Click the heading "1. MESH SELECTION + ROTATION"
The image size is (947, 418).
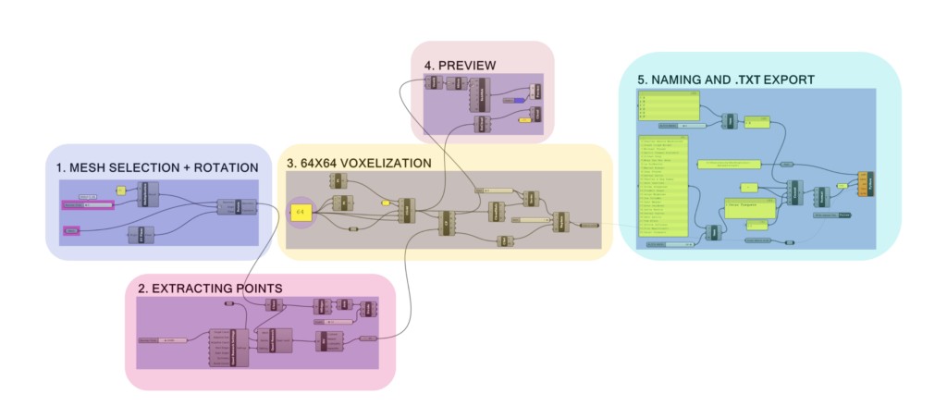click(154, 167)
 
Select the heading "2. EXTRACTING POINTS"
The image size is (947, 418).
click(210, 289)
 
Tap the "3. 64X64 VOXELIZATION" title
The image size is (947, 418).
click(359, 163)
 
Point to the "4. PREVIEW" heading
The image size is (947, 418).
click(460, 66)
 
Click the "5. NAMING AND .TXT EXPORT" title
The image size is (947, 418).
click(725, 80)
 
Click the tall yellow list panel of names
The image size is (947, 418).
click(664, 186)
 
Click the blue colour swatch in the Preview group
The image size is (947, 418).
click(519, 99)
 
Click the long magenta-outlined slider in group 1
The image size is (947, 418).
click(87, 205)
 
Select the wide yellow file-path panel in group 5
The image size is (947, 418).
click(726, 163)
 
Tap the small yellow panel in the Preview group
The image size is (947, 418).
click(523, 119)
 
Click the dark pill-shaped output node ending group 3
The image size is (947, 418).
click(588, 225)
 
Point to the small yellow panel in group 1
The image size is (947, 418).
click(120, 190)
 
